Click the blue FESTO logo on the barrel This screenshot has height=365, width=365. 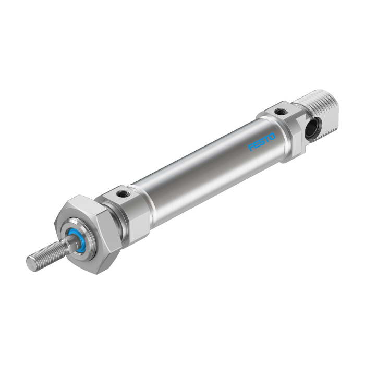(262, 142)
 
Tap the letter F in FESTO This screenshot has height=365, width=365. (251, 148)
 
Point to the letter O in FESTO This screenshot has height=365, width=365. (272, 137)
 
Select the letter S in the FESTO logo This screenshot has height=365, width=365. (262, 142)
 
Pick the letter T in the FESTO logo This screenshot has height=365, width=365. (267, 139)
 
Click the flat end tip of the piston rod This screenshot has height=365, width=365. (31, 265)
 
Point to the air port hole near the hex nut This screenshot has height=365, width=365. (121, 193)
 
